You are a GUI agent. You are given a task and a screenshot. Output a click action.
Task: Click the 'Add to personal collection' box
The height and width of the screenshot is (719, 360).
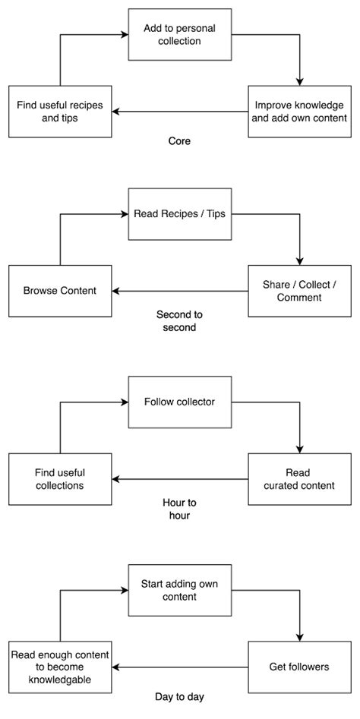[x=180, y=35]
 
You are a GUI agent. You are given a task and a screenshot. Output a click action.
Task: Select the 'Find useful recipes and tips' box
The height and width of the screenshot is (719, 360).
[x=60, y=111]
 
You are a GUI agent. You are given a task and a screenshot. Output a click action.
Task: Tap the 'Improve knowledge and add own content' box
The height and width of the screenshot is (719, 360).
[x=300, y=111]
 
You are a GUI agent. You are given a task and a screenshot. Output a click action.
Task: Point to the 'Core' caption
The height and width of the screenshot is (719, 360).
[x=180, y=141]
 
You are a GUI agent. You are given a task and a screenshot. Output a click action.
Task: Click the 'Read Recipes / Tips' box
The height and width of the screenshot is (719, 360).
[x=180, y=214]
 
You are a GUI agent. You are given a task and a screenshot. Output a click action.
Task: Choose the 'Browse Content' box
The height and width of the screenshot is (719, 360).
[x=60, y=291]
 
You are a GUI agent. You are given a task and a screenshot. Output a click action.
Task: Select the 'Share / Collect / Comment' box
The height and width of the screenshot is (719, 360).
[x=300, y=291]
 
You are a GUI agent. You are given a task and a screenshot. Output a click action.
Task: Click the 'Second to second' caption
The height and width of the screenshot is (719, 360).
[x=180, y=321]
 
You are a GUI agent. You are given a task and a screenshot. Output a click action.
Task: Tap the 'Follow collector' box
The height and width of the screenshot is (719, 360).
[x=180, y=402]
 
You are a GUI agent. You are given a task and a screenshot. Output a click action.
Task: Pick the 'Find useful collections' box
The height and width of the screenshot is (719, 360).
[x=60, y=478]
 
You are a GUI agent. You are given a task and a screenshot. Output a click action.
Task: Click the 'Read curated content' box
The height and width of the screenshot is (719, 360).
[x=300, y=478]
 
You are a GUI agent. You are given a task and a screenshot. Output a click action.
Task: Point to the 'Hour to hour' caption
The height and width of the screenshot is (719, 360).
[x=180, y=509]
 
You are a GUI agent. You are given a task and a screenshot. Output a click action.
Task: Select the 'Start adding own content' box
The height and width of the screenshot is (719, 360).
[x=180, y=590]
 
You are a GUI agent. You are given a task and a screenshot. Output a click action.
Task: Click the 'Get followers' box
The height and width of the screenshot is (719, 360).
[x=300, y=667]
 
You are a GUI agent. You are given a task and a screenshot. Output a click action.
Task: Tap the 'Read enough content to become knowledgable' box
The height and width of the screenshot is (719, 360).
[x=60, y=667]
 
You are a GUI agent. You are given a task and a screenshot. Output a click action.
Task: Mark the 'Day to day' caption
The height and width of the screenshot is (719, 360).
[x=180, y=696]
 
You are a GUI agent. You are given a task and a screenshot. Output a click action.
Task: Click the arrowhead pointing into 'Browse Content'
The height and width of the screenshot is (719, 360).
[x=117, y=291]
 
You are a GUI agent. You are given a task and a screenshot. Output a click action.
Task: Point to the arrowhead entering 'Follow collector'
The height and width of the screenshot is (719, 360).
[x=124, y=402]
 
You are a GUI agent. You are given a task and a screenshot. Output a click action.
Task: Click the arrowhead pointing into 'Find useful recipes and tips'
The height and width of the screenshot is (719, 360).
[x=117, y=111]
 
